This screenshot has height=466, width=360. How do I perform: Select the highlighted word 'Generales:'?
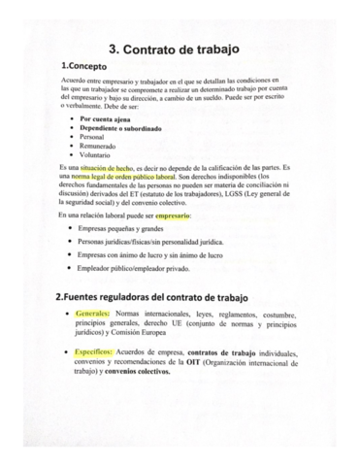pos(92,316)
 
